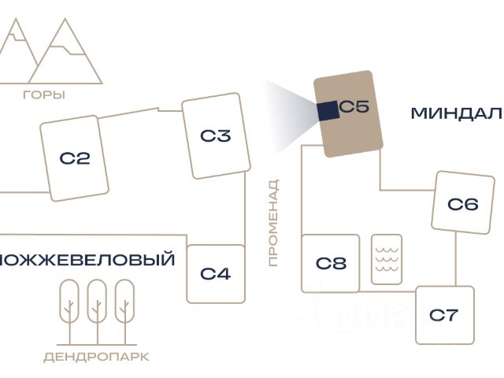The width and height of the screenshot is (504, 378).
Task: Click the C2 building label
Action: click(x=75, y=158)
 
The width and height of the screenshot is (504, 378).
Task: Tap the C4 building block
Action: click(x=215, y=273)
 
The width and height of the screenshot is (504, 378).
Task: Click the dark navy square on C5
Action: click(x=328, y=109)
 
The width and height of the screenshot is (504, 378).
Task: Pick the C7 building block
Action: click(x=444, y=315)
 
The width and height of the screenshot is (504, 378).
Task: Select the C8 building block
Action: click(x=331, y=263)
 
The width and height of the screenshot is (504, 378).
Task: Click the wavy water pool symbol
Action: click(x=387, y=258)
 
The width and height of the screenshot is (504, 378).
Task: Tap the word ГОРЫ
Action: click(x=44, y=95)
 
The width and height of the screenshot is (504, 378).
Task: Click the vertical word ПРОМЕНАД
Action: click(x=273, y=223)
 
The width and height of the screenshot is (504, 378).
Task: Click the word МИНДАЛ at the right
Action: click(x=456, y=113)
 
